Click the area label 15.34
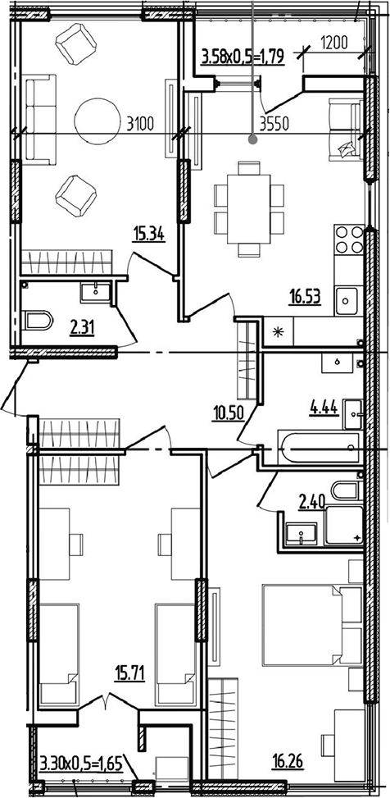pyautogui.click(x=149, y=235)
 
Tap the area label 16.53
pyautogui.click(x=305, y=297)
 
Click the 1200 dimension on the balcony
pyautogui.click(x=333, y=43)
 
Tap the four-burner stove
pyautogui.click(x=349, y=239)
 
